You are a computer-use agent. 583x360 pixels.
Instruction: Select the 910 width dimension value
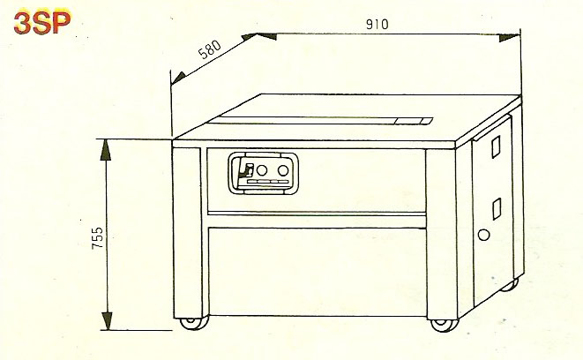[377, 24]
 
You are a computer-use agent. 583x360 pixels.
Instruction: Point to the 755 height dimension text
[98, 238]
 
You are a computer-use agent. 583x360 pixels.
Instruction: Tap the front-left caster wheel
[188, 322]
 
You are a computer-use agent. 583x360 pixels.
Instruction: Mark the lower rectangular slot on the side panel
[496, 208]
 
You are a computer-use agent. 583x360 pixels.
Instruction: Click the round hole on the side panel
[482, 235]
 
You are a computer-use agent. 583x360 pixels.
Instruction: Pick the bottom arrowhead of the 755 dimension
[107, 320]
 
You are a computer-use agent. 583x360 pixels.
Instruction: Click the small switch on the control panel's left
[249, 169]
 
